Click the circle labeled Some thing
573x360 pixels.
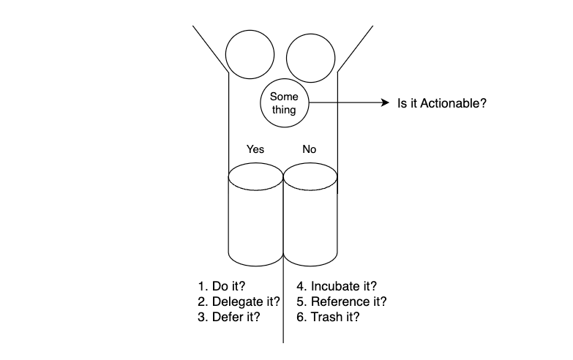tap(284, 103)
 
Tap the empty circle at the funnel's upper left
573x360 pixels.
tap(250, 54)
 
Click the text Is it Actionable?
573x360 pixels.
tap(441, 104)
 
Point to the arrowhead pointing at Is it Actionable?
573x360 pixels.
tap(383, 104)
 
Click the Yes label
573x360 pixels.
tap(255, 149)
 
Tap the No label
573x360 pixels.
tap(310, 149)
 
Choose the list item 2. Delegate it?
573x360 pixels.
tap(239, 301)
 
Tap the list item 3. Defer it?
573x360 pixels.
tap(229, 317)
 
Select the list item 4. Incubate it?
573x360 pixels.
tap(337, 286)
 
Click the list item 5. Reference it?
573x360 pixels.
tap(341, 301)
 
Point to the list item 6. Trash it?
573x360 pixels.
tap(328, 317)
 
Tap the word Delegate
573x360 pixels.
tap(236, 301)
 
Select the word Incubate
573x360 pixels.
tap(334, 286)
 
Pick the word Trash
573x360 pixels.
tap(326, 317)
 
